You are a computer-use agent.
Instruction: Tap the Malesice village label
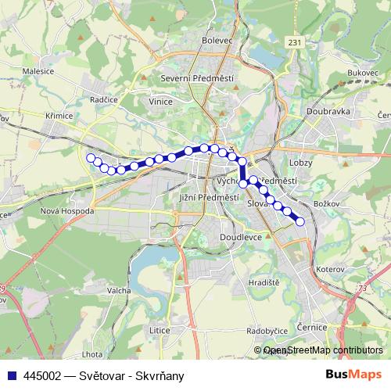[x=38, y=70]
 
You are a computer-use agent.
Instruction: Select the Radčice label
[x=103, y=100]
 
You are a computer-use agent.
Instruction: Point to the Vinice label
[x=160, y=101]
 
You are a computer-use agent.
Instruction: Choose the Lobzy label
[x=300, y=162]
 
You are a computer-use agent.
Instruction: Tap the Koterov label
[x=331, y=269]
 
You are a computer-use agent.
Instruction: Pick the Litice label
[x=160, y=331]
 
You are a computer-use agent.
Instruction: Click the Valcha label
[x=119, y=289]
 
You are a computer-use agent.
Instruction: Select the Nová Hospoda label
[x=67, y=211]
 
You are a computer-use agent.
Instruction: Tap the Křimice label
[x=59, y=116]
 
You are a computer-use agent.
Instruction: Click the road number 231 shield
[x=293, y=42]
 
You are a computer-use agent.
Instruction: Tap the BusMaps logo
[x=353, y=375]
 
